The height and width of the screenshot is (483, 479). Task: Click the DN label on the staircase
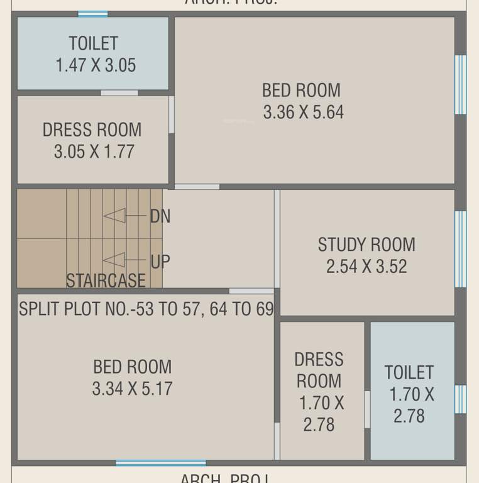(x=160, y=216)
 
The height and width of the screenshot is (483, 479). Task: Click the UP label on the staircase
(x=160, y=261)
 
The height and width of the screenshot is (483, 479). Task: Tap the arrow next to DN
(x=115, y=216)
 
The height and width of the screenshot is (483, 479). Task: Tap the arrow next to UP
(x=114, y=260)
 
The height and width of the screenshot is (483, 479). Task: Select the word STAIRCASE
(x=106, y=280)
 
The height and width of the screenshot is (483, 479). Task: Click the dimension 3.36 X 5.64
(x=303, y=113)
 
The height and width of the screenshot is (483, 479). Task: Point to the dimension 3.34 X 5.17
(x=132, y=389)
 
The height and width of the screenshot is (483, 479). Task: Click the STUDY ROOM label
(x=366, y=244)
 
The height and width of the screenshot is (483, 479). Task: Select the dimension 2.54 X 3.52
(x=366, y=266)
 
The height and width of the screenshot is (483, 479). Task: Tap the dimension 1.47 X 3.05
(x=95, y=65)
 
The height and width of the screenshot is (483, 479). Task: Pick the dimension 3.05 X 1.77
(x=94, y=152)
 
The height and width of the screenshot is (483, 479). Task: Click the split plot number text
(x=146, y=309)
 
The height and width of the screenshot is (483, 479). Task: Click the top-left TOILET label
(x=93, y=43)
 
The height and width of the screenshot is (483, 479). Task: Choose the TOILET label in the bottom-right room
(x=409, y=372)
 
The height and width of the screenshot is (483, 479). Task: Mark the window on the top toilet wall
(x=92, y=14)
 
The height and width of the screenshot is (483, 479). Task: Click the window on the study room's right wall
(x=460, y=248)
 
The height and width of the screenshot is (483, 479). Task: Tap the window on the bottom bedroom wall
(x=151, y=464)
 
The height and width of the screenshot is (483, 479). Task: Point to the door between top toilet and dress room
(x=119, y=93)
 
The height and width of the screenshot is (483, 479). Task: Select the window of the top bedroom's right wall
(x=460, y=84)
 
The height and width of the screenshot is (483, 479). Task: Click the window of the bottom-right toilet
(x=460, y=399)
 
